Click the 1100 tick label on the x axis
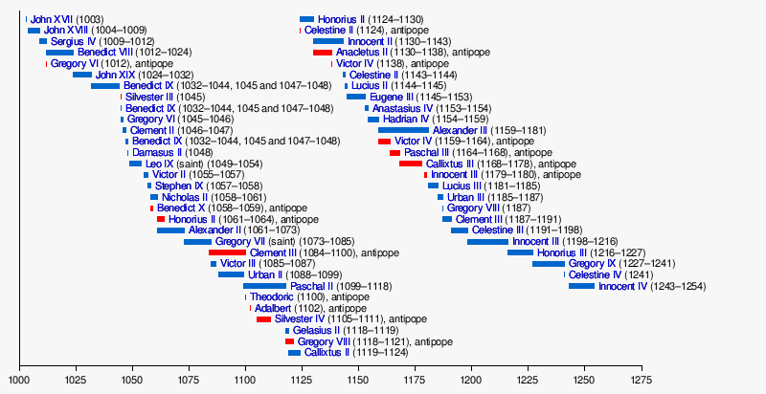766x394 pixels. pos(245,380)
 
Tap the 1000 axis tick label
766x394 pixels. pos(19,380)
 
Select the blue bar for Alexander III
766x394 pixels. pos(403,130)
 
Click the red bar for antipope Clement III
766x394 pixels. pos(228,252)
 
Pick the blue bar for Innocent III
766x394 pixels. pos(487,241)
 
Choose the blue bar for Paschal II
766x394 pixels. pos(264,286)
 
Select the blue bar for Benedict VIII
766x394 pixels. pos(59,52)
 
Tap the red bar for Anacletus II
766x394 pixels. pos(322,52)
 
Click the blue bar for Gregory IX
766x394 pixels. pos(549,263)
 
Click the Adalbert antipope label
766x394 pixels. pos(273,308)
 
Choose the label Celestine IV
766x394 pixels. pos(597,274)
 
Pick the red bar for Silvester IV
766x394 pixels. pos(263,319)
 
